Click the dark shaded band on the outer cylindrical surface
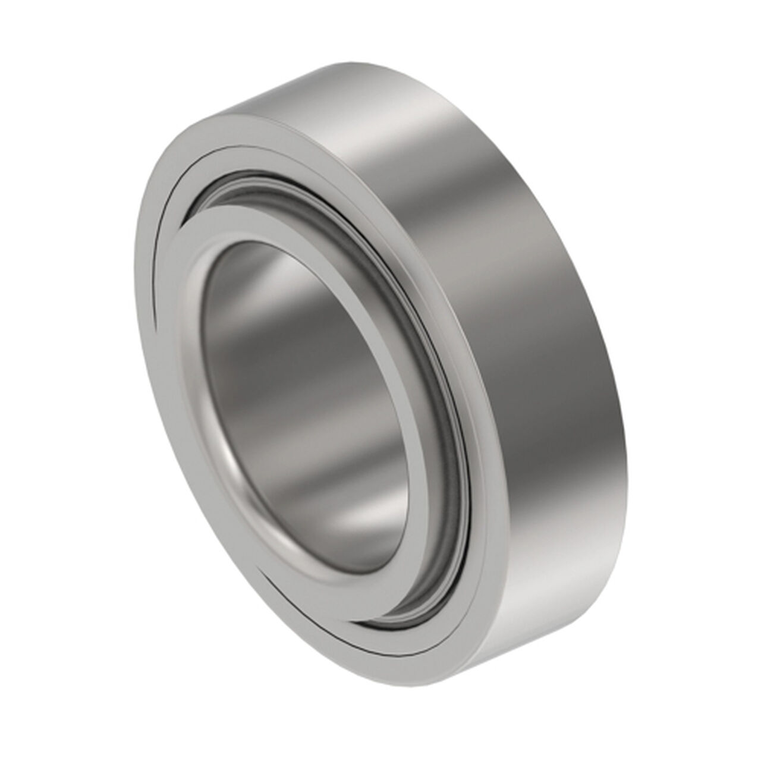[535, 297]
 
